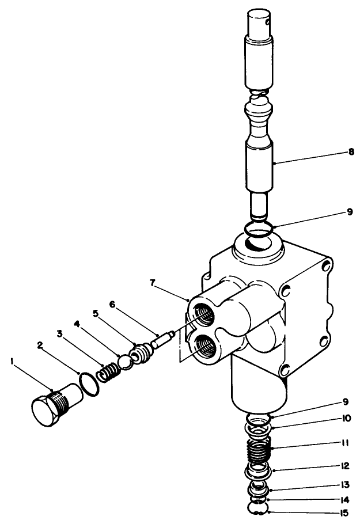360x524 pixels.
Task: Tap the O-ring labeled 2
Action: (89, 384)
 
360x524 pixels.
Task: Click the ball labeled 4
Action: (126, 363)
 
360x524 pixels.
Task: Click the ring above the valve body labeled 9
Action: (257, 229)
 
